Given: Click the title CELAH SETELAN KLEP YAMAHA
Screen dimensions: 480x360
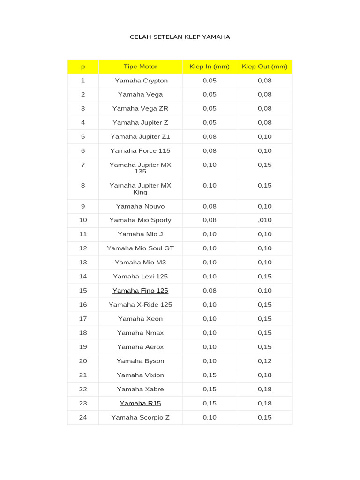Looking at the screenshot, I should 180,37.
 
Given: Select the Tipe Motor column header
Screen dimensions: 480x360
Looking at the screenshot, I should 140,67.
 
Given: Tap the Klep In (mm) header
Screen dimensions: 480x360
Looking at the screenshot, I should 210,67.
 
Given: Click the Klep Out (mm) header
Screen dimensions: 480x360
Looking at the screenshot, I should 264,67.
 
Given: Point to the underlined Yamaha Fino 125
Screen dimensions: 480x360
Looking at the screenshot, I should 140,291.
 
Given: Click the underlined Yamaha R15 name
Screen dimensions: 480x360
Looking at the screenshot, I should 140,403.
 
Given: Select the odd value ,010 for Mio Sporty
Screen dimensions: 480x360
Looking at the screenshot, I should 264,220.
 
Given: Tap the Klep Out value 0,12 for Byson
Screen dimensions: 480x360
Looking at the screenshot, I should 264,361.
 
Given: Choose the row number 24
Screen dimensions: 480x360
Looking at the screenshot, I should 83,417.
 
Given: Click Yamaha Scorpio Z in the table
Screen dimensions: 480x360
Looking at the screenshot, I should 140,417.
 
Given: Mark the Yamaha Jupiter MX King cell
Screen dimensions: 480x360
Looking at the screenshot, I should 140,189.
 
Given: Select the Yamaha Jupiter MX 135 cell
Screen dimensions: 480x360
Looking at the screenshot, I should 140,168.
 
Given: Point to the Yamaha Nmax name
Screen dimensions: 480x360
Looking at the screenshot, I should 140,333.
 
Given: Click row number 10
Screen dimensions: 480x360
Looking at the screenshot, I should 83,220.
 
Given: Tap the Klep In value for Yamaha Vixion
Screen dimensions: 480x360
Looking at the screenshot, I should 210,375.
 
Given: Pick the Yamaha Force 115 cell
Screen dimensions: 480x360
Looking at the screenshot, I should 140,151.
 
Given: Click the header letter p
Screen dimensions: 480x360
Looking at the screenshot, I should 83,67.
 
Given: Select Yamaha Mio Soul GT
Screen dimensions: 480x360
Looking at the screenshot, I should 140,248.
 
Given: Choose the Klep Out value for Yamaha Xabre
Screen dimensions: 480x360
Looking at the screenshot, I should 264,389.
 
